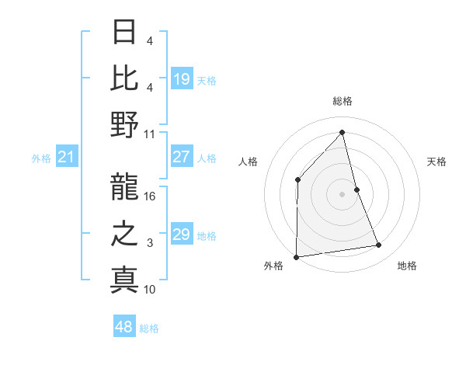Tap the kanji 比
tap(124, 78)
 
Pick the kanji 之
tap(124, 234)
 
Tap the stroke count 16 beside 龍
tap(150, 196)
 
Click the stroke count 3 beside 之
tap(150, 244)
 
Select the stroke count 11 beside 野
tap(150, 133)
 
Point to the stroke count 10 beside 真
tap(150, 289)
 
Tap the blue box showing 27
tap(182, 157)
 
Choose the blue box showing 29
tap(182, 235)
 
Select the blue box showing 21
tap(66, 158)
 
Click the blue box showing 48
tap(124, 327)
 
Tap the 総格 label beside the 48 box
tap(149, 328)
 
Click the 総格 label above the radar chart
tap(342, 101)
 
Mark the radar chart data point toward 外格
tap(296, 256)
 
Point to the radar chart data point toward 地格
tap(379, 245)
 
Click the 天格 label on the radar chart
tap(436, 162)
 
